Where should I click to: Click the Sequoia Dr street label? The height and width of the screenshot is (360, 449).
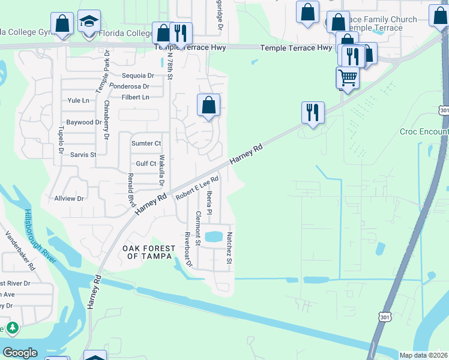pos(138,76)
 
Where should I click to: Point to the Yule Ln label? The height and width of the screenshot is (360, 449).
pos(78,101)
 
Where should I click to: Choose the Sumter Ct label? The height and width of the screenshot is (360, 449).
pos(146,143)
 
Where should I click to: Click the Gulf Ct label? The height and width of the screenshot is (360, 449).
pos(146,164)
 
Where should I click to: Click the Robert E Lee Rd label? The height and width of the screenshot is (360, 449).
pos(196,187)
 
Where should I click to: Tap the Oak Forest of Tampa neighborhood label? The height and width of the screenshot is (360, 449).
pos(149,252)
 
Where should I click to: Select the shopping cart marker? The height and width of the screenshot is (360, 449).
pos(348,77)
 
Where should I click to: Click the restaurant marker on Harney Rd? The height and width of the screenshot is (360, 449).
pos(312,112)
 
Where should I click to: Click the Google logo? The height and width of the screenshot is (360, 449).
pos(20,353)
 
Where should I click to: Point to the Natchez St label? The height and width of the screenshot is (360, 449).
pos(229,248)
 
